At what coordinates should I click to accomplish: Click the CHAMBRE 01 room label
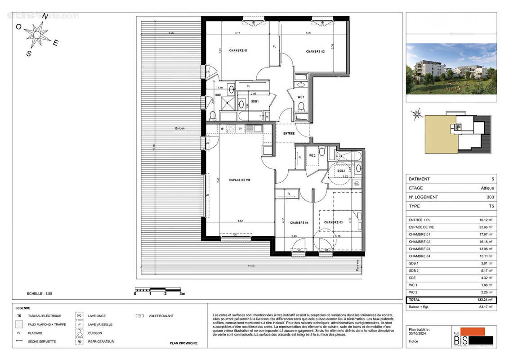(x=238, y=50)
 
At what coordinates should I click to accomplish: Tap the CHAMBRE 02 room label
(x=315, y=52)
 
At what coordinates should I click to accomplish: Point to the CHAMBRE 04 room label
(x=299, y=222)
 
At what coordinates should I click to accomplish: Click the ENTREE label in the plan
(x=289, y=134)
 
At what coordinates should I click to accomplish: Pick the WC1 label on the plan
(x=301, y=97)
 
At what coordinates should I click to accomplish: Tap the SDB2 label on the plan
(x=341, y=171)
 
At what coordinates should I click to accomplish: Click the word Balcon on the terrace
(x=181, y=128)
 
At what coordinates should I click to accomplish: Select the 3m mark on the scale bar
(x=182, y=293)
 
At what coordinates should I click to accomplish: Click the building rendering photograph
(x=451, y=69)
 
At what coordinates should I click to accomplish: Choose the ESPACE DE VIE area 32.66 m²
(x=484, y=227)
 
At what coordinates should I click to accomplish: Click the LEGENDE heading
(x=22, y=308)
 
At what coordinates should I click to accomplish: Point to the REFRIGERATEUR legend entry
(x=101, y=342)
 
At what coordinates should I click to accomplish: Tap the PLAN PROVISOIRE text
(x=183, y=343)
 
